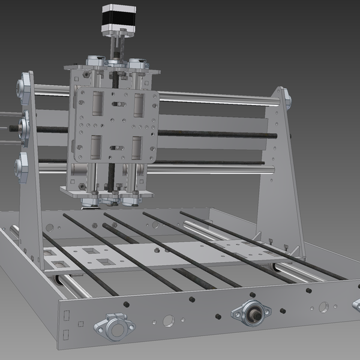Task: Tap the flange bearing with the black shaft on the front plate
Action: [251, 313]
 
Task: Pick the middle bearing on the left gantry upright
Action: [23, 127]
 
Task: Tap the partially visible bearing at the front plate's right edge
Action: [356, 304]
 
